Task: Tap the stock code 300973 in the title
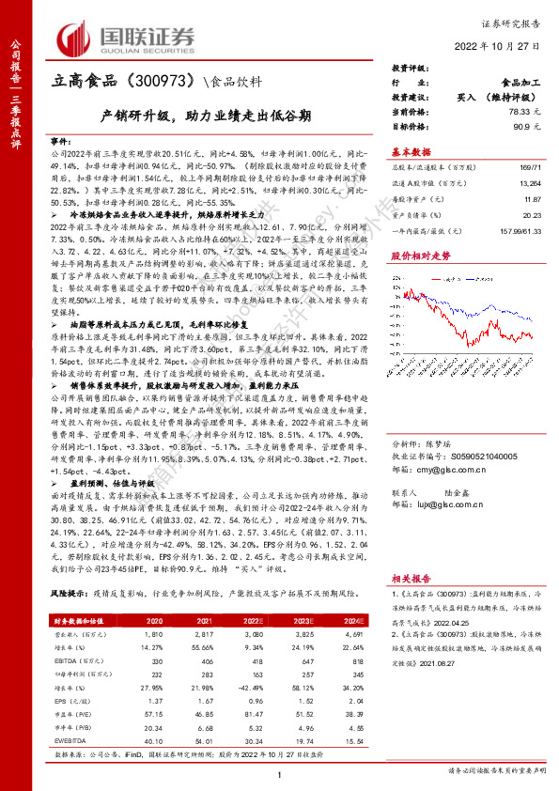[x=158, y=82]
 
